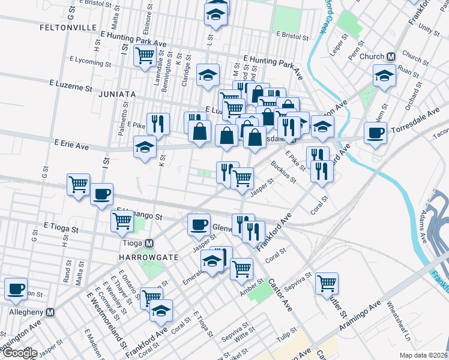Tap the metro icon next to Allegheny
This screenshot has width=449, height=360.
click(51, 313)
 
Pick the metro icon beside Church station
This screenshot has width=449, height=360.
click(391, 57)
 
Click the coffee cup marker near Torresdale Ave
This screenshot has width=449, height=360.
click(376, 133)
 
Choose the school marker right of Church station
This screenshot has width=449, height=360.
click(384, 75)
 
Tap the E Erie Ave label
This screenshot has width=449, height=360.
click(71, 145)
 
